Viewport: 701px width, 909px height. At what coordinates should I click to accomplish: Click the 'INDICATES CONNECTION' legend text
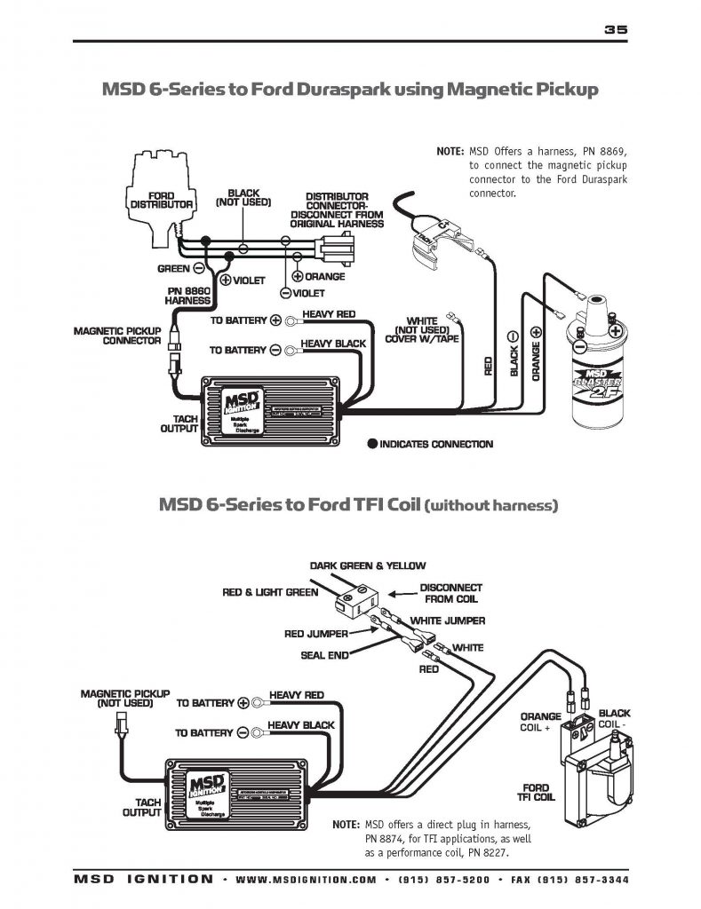[435, 444]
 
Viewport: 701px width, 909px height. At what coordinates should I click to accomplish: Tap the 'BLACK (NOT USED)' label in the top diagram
[243, 197]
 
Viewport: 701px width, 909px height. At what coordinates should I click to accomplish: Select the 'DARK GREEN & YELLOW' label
[367, 565]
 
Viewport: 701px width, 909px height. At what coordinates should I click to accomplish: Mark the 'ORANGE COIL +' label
[541, 722]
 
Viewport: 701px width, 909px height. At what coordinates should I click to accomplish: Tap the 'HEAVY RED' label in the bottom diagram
[296, 694]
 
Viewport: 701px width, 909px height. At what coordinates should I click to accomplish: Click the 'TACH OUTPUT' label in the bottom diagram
[141, 807]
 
